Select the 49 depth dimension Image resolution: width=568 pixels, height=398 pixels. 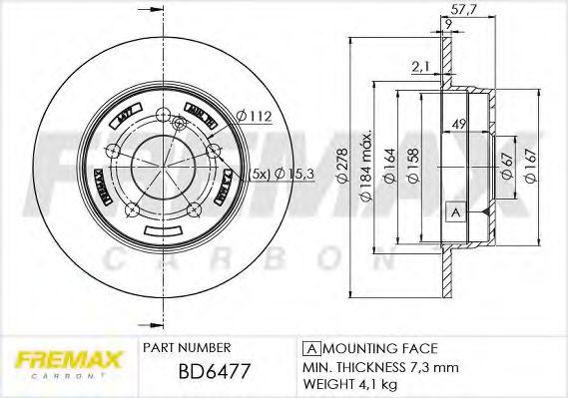(x=461, y=124)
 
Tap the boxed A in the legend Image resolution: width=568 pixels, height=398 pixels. (x=309, y=348)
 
